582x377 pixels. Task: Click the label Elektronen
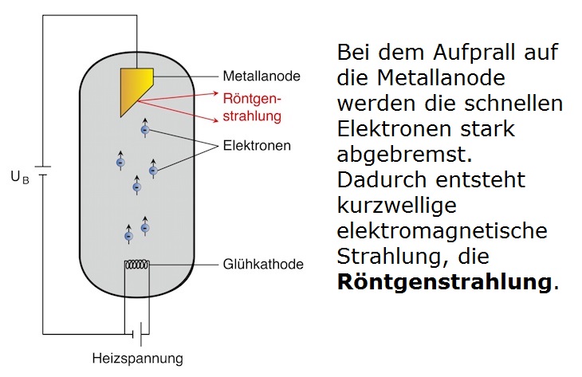pos(257,146)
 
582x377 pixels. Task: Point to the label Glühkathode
pos(263,265)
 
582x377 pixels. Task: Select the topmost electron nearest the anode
pos(144,129)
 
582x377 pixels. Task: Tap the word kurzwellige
pos(397,205)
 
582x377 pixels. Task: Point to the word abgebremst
pos(396,155)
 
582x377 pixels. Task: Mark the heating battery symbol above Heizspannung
pos(140,329)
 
